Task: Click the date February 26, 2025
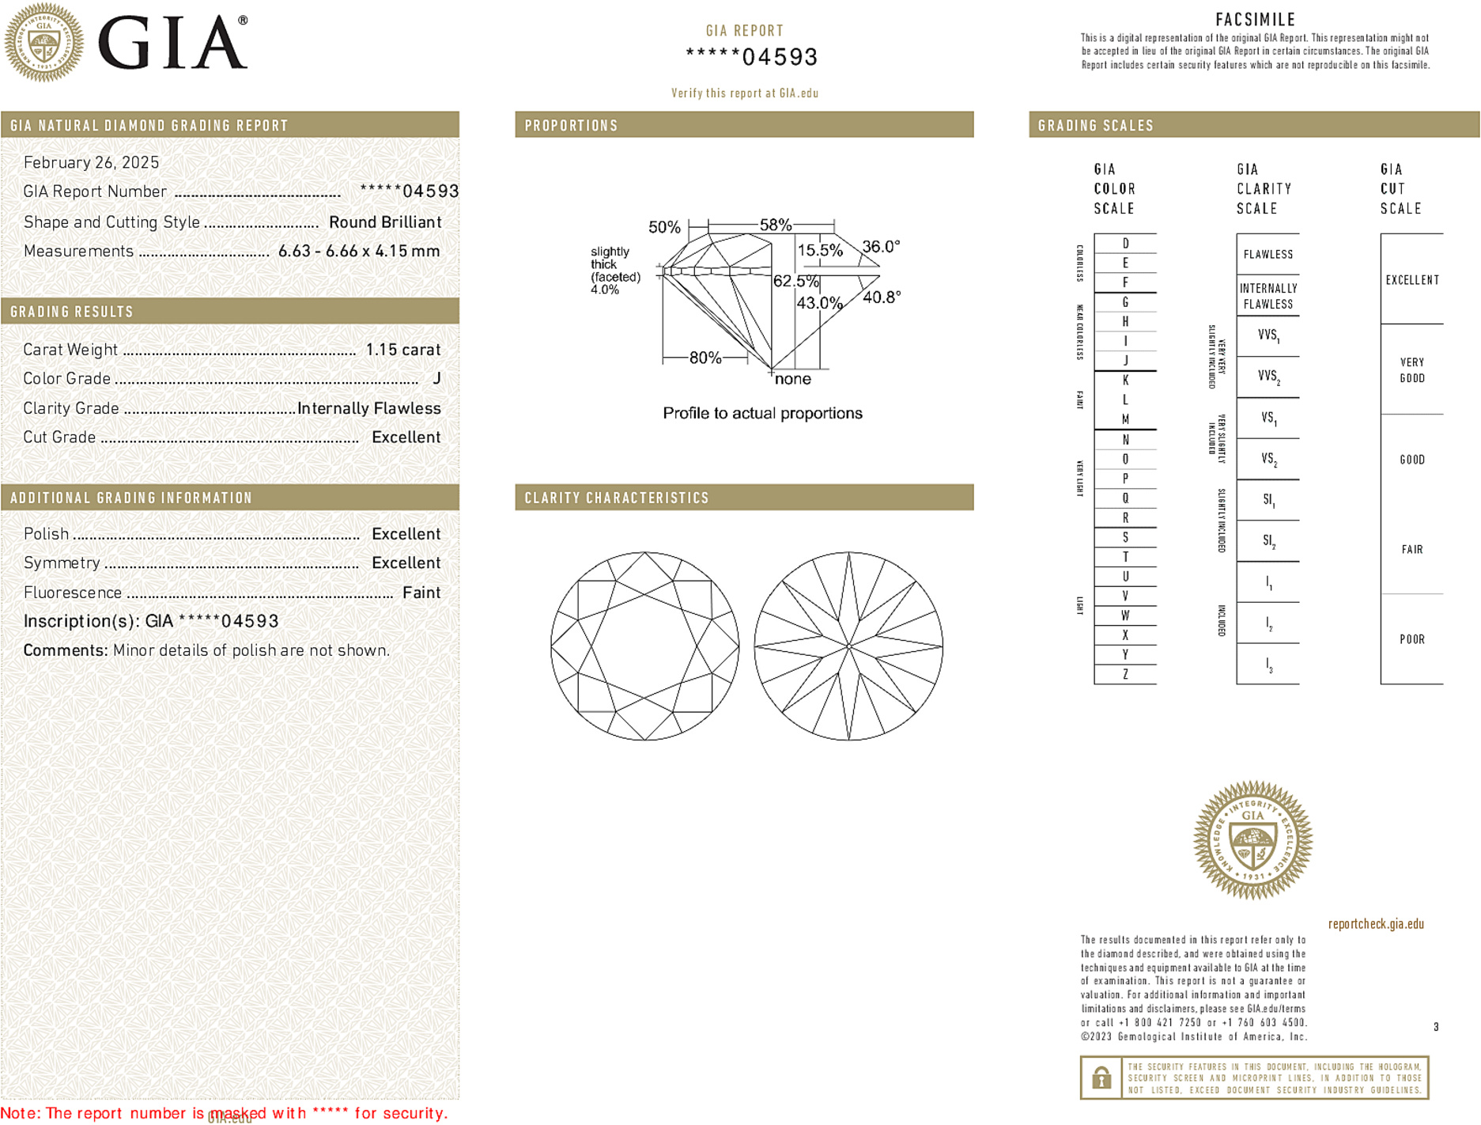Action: coord(91,162)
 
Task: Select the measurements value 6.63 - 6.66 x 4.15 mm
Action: coord(359,251)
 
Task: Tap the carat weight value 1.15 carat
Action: coord(402,350)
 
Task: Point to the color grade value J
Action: coord(436,378)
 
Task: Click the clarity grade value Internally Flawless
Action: coord(368,408)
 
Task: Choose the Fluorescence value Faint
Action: coord(421,593)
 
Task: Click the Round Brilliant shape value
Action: coord(385,222)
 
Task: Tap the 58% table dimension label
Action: coord(775,225)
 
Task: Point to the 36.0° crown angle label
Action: coord(880,247)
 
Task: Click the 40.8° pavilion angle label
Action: coord(881,297)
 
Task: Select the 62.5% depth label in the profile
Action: coord(795,281)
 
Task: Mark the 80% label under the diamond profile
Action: coord(705,358)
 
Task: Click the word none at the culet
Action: coord(792,379)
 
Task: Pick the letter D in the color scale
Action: coord(1125,244)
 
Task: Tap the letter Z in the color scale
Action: coord(1125,674)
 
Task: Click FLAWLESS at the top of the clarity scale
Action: coord(1268,255)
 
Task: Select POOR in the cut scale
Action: coord(1411,639)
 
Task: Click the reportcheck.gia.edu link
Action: coord(1375,924)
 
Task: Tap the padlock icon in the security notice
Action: coord(1101,1078)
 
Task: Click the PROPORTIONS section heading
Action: coord(571,126)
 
